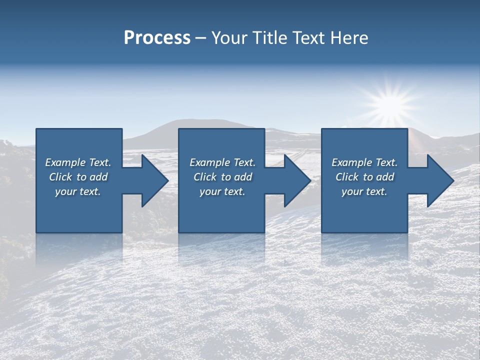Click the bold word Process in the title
[x=157, y=38]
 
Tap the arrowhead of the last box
[x=439, y=180]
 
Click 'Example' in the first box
[x=66, y=162]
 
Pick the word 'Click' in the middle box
[x=205, y=177]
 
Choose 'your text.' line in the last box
[x=364, y=191]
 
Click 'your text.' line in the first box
[x=78, y=191]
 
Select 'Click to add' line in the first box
[x=78, y=177]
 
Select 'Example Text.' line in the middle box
[x=222, y=162]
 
